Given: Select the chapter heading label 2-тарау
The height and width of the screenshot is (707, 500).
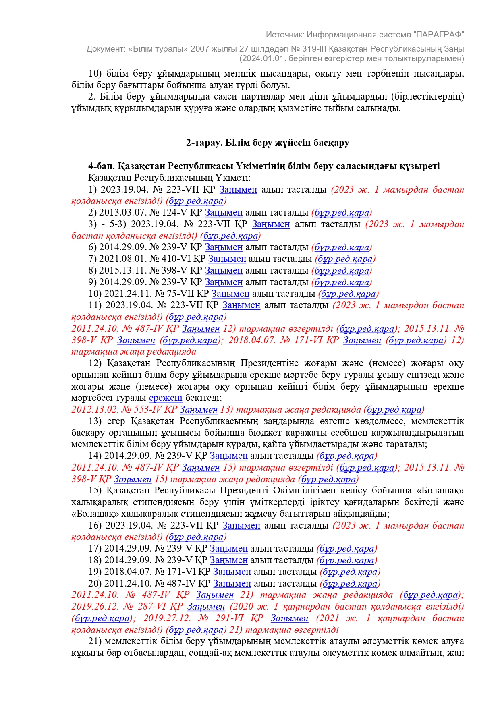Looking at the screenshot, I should tap(201, 143).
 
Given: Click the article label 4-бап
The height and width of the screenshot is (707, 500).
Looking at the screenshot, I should tap(102, 166).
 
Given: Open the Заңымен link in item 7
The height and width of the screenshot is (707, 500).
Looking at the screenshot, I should tap(227, 259).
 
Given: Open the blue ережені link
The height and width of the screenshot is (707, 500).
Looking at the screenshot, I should tap(166, 398).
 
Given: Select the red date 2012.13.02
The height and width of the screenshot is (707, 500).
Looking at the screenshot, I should tap(95, 410).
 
